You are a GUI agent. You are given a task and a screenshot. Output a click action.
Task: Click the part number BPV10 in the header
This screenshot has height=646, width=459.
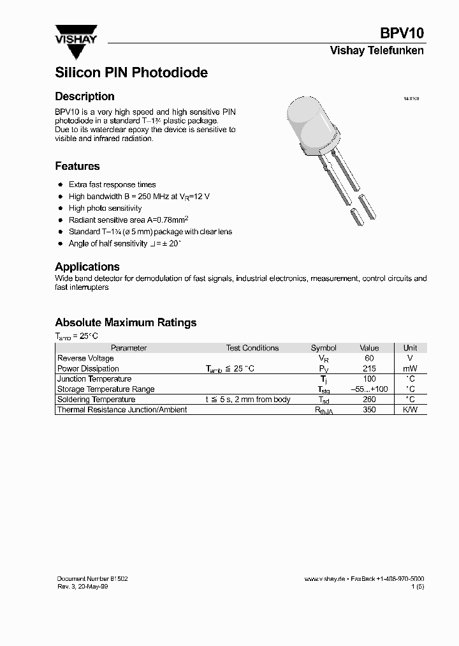(402, 34)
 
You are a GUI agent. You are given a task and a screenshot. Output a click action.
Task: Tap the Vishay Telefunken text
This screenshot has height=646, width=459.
(376, 50)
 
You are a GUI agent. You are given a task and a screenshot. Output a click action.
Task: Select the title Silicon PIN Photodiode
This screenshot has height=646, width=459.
(131, 73)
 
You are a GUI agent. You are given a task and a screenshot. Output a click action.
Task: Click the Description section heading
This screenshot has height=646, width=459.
(85, 96)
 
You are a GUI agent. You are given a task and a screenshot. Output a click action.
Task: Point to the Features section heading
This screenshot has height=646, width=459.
(77, 166)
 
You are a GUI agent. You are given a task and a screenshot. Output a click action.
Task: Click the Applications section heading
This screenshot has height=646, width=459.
(87, 267)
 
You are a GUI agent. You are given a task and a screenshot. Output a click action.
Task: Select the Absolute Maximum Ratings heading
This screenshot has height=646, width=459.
(126, 322)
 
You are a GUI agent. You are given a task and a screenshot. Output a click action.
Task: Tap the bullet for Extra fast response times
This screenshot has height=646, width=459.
(61, 184)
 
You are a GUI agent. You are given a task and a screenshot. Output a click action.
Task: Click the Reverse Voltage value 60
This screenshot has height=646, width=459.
(369, 358)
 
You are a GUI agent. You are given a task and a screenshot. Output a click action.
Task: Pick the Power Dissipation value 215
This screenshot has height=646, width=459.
(369, 368)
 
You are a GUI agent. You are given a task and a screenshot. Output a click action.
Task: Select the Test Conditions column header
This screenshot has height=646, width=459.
(252, 348)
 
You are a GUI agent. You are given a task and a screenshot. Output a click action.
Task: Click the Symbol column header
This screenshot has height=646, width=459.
(323, 348)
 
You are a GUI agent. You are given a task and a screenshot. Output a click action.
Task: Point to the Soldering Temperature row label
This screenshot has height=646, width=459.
(96, 399)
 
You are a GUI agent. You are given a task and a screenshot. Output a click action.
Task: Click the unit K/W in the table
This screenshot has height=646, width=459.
(410, 409)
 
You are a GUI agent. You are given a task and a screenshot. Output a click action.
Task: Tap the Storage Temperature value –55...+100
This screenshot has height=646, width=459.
(369, 389)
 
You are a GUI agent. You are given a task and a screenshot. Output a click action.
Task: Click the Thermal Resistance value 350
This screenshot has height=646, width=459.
(369, 409)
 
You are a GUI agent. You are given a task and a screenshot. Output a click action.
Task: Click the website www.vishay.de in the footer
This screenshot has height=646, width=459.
(324, 578)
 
